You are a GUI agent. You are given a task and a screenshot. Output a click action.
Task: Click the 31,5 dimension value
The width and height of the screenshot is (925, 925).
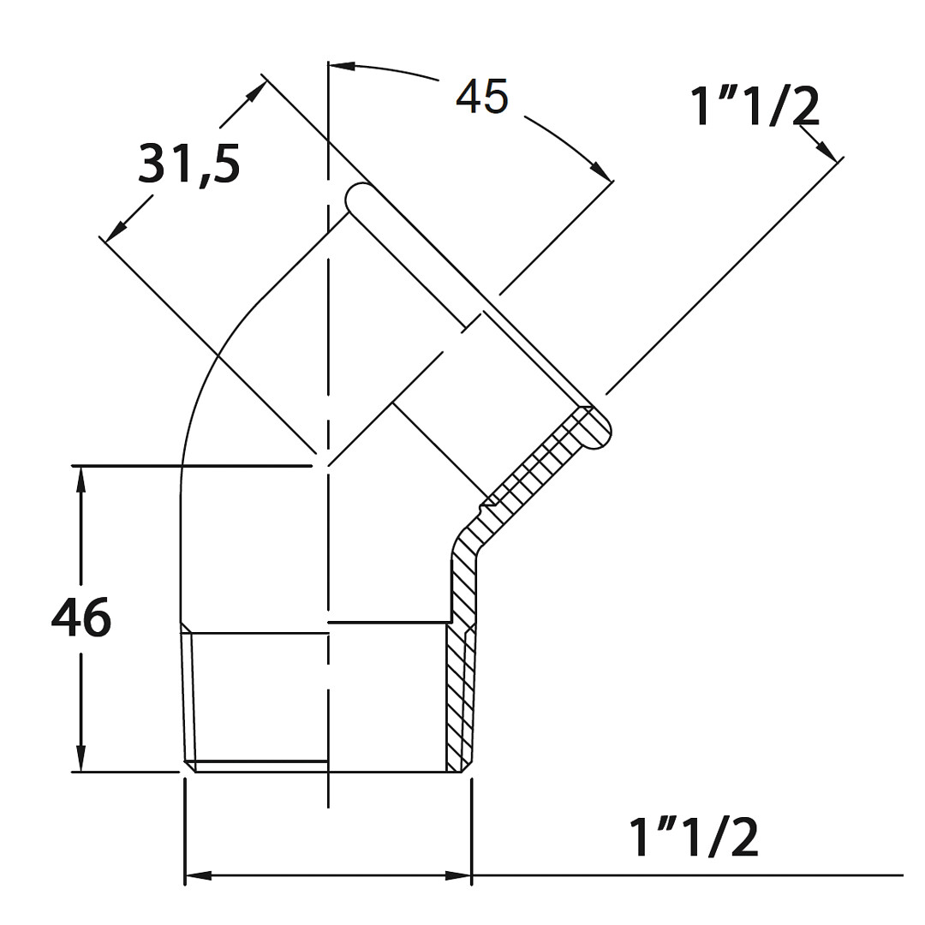coord(188,164)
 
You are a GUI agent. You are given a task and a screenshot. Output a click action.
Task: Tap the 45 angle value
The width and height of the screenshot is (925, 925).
coord(481,97)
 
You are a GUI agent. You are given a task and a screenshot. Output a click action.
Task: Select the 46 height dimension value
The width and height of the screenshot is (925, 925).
coord(81,617)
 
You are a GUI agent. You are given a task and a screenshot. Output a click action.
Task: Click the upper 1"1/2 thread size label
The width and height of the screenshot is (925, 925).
coord(755,107)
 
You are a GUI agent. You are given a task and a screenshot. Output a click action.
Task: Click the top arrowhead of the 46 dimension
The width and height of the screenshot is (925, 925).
coord(81,479)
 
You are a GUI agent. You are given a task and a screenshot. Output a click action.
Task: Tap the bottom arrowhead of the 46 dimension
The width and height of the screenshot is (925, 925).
coord(81,758)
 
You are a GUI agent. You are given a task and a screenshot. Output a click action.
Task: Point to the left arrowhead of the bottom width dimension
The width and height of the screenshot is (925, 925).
coord(199,875)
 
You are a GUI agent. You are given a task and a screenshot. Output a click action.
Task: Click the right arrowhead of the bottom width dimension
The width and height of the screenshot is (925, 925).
coord(458,875)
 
